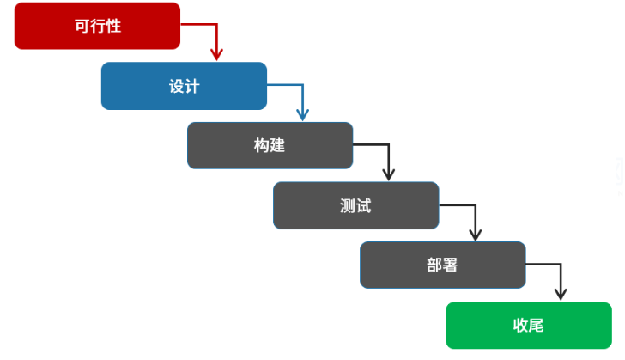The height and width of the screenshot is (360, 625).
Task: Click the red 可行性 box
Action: [x=97, y=26]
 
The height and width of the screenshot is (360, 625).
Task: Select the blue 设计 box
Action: [x=184, y=86]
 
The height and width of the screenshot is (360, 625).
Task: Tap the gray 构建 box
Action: [x=270, y=145]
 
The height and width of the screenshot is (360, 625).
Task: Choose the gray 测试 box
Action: [x=355, y=205]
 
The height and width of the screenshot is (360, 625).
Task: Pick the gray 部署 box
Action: [x=442, y=265]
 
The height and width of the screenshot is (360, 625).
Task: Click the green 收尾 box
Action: [x=528, y=325]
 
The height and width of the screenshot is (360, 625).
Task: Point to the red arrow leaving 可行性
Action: [x=206, y=25]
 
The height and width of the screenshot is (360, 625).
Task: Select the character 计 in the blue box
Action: [x=191, y=86]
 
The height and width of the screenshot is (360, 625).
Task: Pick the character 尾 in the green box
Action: [x=536, y=325]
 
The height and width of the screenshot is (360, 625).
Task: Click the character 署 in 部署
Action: [x=450, y=265]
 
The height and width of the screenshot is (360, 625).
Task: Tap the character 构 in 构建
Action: [x=262, y=145]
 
